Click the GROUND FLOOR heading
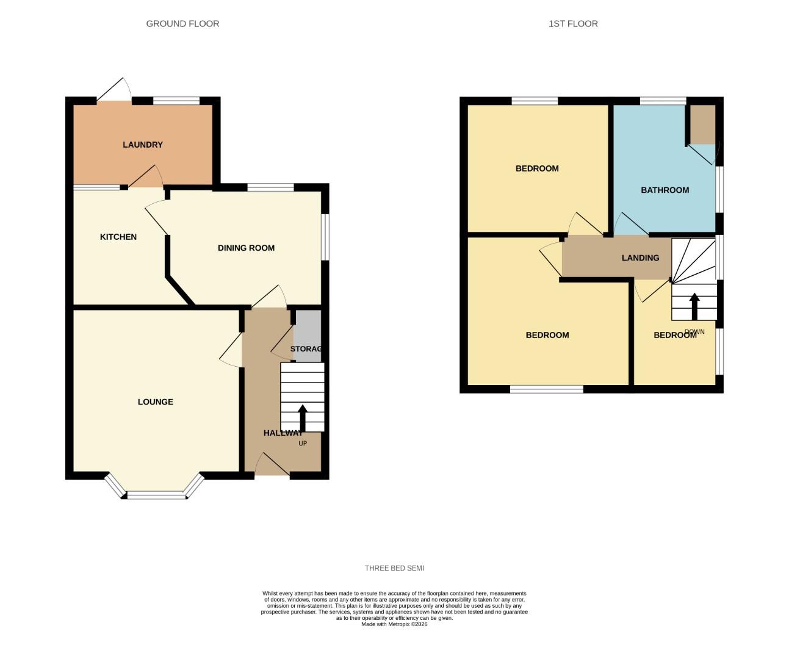click(x=182, y=24)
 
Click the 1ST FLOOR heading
click(x=573, y=24)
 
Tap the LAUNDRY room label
click(x=143, y=145)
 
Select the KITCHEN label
click(x=118, y=237)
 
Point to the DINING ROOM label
click(x=246, y=248)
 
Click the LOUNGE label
click(x=156, y=402)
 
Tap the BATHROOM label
click(x=665, y=190)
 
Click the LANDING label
click(x=640, y=257)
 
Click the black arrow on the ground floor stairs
click(x=302, y=417)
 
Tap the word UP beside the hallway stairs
click(x=303, y=444)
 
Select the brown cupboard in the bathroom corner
click(x=702, y=124)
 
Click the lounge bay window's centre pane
click(x=156, y=495)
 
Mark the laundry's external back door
click(x=114, y=92)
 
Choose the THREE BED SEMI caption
click(x=394, y=568)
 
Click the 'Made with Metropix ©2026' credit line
click(x=394, y=624)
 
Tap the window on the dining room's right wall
click(x=325, y=236)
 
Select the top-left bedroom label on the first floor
click(x=537, y=168)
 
